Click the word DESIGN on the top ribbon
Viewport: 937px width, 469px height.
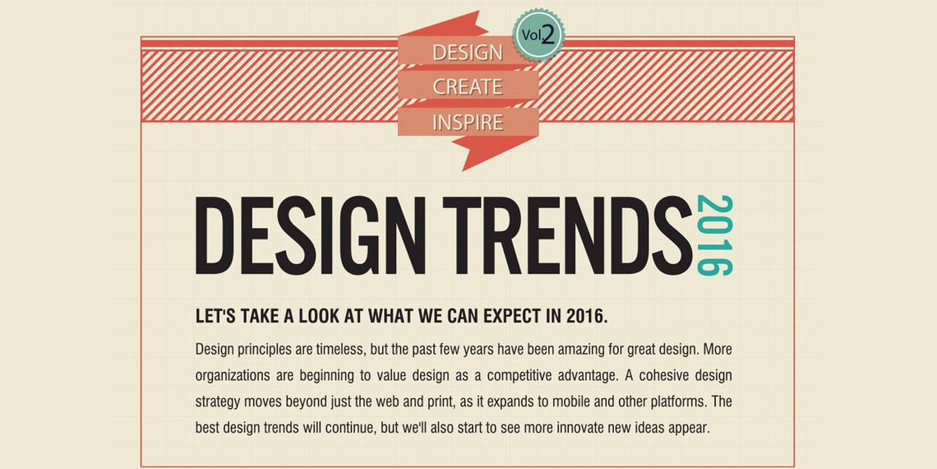coord(468,53)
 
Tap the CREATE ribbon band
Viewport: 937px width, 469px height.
coord(468,86)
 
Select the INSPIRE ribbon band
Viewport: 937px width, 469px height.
coord(468,122)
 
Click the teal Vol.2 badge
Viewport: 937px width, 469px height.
coord(538,35)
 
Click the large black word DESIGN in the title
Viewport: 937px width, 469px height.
coord(310,235)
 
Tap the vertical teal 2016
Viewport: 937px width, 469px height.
coord(715,235)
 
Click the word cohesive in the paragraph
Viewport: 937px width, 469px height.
coord(654,377)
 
